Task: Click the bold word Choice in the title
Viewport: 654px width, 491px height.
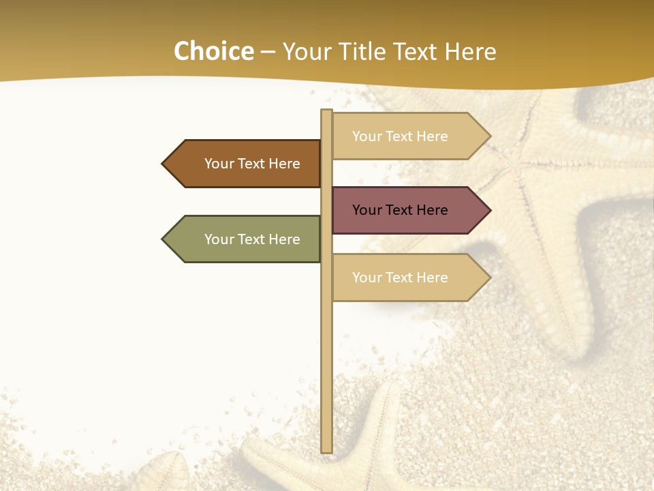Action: (213, 52)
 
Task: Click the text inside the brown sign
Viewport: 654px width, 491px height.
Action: (252, 164)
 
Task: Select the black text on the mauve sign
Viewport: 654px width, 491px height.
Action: (400, 210)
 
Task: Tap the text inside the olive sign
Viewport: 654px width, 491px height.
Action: (252, 239)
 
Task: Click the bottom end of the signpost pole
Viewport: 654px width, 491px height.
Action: (327, 449)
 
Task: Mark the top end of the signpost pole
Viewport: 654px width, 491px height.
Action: (327, 112)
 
